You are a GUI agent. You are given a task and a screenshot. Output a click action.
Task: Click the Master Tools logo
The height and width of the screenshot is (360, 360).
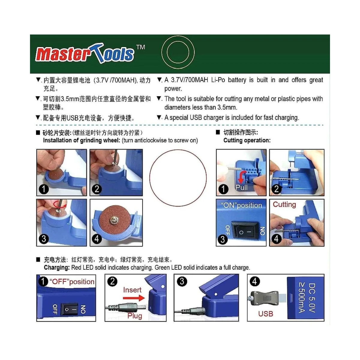point(85,54)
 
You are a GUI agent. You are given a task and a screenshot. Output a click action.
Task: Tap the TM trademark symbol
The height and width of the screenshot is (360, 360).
point(140,47)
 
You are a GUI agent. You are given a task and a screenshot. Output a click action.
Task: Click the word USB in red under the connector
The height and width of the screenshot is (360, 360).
point(265,314)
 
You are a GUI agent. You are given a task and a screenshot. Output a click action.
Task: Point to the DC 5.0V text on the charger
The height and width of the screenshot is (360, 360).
point(312,298)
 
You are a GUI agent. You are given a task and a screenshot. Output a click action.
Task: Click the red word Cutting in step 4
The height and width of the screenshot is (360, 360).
point(284,205)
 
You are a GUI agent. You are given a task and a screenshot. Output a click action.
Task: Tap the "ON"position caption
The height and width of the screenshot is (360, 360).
point(241,205)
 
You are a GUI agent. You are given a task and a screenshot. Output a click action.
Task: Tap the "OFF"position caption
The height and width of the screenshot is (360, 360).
point(72,282)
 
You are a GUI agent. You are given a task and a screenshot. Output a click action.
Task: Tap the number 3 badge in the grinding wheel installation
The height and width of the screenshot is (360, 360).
point(44,239)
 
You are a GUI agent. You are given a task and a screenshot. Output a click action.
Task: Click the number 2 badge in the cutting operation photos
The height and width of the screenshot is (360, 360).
point(276,189)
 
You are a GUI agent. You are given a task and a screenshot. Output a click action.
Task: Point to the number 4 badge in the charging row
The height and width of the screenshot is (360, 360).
point(254,281)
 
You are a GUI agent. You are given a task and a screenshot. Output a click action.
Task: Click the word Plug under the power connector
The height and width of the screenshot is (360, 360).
point(134,316)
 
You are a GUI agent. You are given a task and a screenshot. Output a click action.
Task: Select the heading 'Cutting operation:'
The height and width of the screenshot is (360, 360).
point(247,140)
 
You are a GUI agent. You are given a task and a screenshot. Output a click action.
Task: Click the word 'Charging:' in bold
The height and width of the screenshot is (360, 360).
point(57,268)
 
